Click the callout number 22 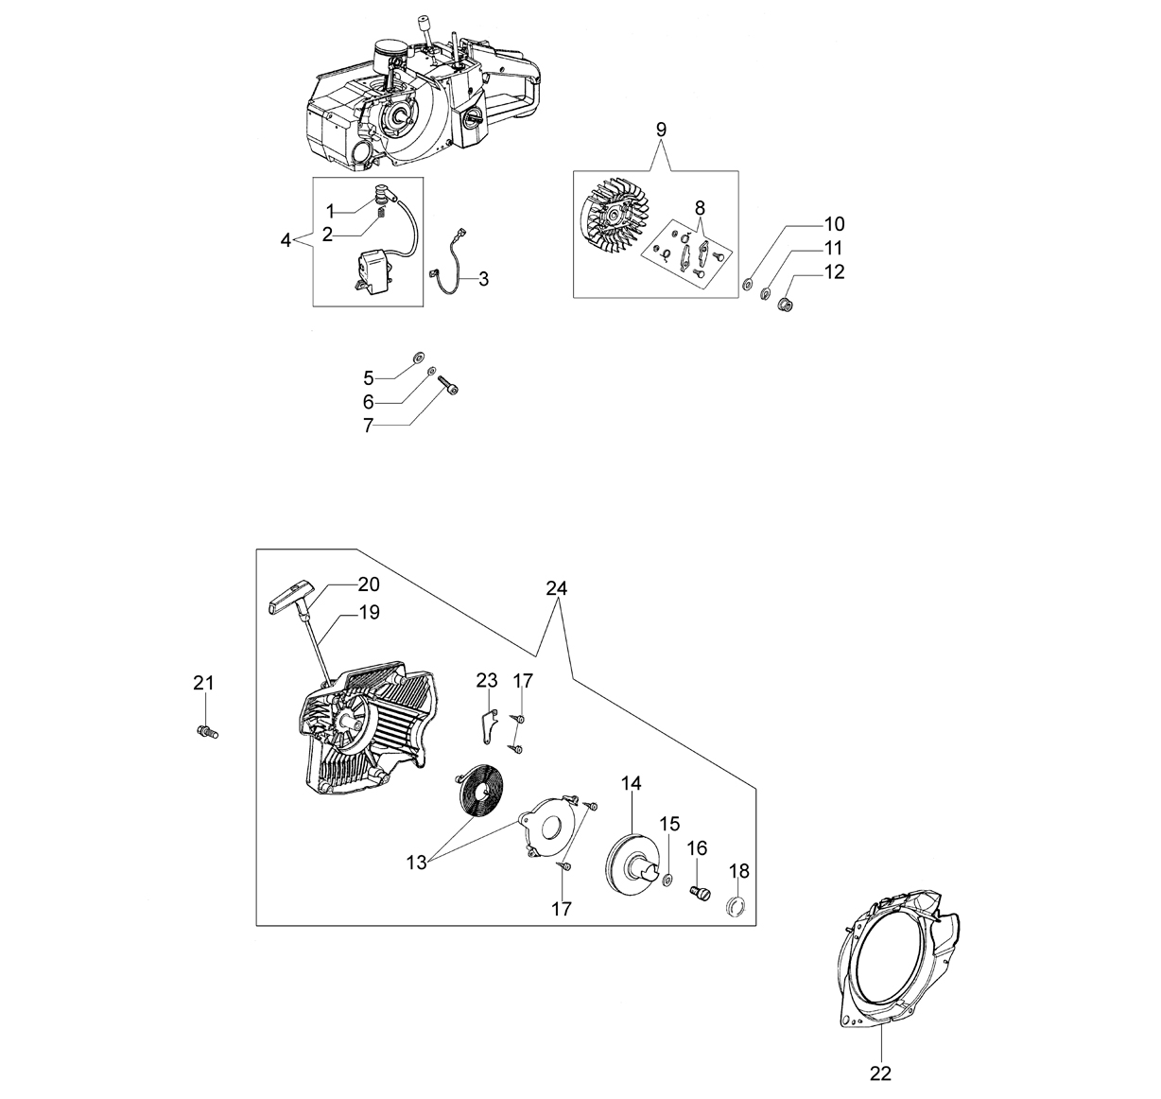click(880, 1073)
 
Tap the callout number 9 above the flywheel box click(661, 130)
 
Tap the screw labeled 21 click(207, 732)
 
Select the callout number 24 click(556, 588)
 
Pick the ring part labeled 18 click(736, 907)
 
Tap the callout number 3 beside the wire click(484, 279)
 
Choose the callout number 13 click(416, 862)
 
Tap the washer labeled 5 click(418, 356)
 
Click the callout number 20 click(369, 584)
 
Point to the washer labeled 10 click(748, 284)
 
